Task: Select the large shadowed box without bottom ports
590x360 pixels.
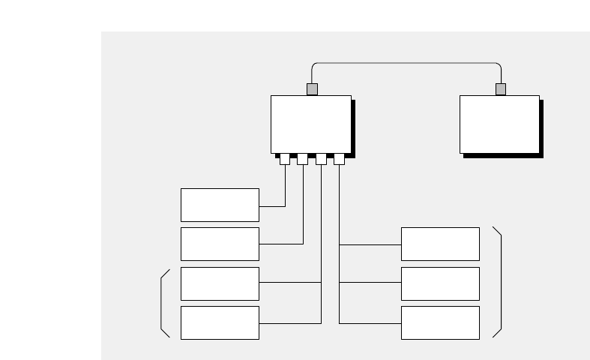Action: pos(499,124)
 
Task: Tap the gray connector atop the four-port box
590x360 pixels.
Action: pos(312,89)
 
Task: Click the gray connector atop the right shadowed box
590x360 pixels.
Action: pos(501,89)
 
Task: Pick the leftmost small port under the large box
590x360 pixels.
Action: pos(285,159)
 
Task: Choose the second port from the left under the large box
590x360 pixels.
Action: pos(303,159)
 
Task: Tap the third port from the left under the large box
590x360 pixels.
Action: pos(321,159)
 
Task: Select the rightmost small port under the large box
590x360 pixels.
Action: pos(339,159)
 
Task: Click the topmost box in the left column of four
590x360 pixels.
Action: pos(220,205)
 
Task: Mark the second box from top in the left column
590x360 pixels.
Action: pos(220,244)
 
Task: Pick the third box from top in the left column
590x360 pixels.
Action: pos(220,283)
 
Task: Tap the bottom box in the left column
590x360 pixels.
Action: pos(220,322)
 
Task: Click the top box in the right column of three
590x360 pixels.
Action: pos(440,244)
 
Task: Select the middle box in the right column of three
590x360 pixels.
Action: pos(440,283)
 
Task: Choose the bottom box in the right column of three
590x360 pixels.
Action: pos(440,322)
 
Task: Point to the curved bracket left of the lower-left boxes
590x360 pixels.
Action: pos(162,303)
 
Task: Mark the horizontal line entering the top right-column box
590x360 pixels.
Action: pos(370,244)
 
